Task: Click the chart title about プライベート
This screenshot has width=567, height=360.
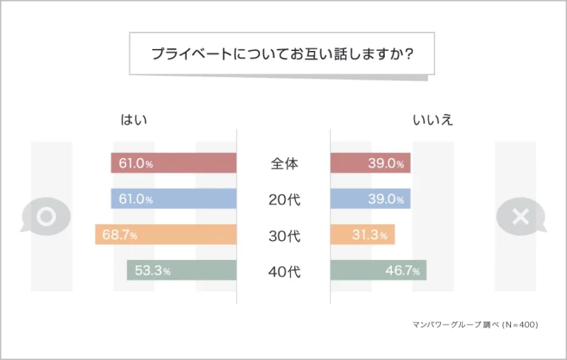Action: (x=283, y=54)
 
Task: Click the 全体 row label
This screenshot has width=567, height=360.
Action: (x=284, y=164)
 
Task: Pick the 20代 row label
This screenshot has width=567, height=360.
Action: (x=284, y=200)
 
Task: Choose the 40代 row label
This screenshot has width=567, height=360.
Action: (x=284, y=271)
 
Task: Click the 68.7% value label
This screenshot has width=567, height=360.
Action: (x=119, y=235)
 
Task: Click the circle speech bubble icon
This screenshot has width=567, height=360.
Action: (x=46, y=216)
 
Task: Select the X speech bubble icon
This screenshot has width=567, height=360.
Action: (x=520, y=216)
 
